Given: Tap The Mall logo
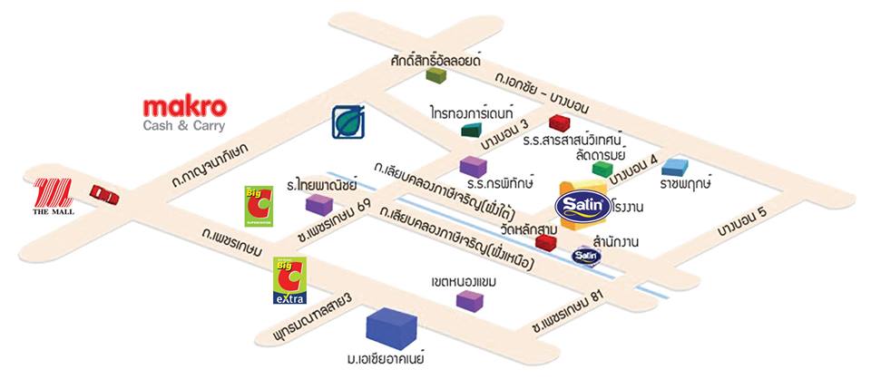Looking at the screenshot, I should point(54,198).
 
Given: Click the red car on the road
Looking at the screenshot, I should point(104,193).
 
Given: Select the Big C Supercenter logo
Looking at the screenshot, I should point(257,206).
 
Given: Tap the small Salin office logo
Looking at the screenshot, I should point(586,257).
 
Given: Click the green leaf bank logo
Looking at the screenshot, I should point(347,122).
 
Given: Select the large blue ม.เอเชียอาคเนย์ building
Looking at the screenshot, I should point(391,329).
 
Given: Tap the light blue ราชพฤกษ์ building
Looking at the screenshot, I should point(675,166).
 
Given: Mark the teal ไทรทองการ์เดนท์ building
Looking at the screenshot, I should point(471,130).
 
